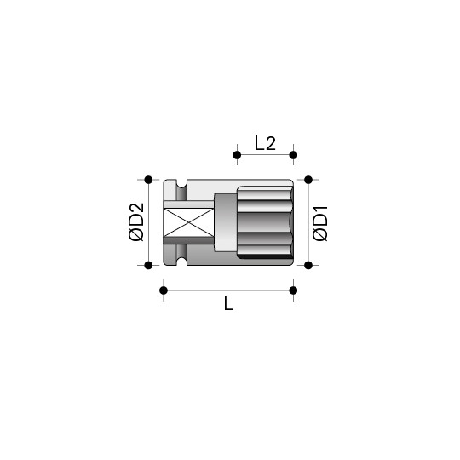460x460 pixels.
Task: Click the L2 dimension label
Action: coord(265,143)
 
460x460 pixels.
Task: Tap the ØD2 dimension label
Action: coord(136,222)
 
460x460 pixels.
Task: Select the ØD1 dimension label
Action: coord(319,223)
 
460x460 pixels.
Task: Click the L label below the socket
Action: coord(228,303)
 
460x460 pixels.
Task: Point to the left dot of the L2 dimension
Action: coord(237,155)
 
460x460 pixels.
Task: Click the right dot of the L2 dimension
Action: coord(293,155)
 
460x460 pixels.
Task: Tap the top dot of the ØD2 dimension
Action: coord(148,180)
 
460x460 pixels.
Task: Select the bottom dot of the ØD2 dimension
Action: coord(148,265)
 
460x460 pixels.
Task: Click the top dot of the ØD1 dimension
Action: coord(308,180)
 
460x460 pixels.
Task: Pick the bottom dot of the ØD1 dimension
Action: coord(308,265)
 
